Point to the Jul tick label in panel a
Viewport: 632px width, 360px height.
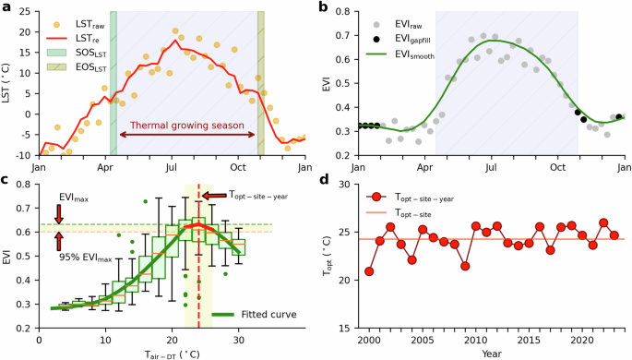click(x=172, y=168)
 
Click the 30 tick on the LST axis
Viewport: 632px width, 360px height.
click(x=22, y=13)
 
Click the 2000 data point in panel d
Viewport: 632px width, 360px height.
click(x=369, y=271)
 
